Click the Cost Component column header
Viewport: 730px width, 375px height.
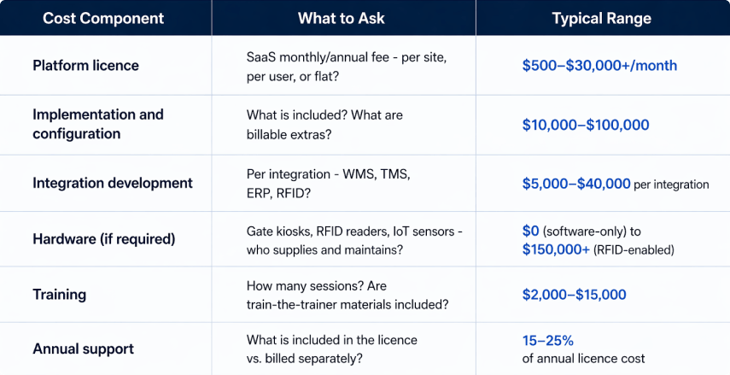click(x=104, y=18)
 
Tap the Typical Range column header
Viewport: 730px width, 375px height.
click(x=601, y=18)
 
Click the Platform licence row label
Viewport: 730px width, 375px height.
click(x=85, y=65)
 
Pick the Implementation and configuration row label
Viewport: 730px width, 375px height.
click(x=97, y=124)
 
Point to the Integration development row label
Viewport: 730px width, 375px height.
click(x=112, y=183)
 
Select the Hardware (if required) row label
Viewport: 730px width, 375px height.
click(x=103, y=239)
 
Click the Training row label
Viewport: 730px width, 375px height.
click(x=59, y=295)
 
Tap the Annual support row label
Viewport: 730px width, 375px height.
click(x=83, y=349)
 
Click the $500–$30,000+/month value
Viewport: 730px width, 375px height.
click(x=599, y=65)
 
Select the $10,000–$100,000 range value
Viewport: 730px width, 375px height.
click(x=585, y=125)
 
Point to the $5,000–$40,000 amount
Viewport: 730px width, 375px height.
click(x=576, y=183)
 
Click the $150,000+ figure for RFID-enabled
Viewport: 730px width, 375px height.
click(x=556, y=249)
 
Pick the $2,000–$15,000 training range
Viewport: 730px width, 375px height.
click(x=574, y=295)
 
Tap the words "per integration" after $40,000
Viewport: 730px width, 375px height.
click(x=671, y=184)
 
